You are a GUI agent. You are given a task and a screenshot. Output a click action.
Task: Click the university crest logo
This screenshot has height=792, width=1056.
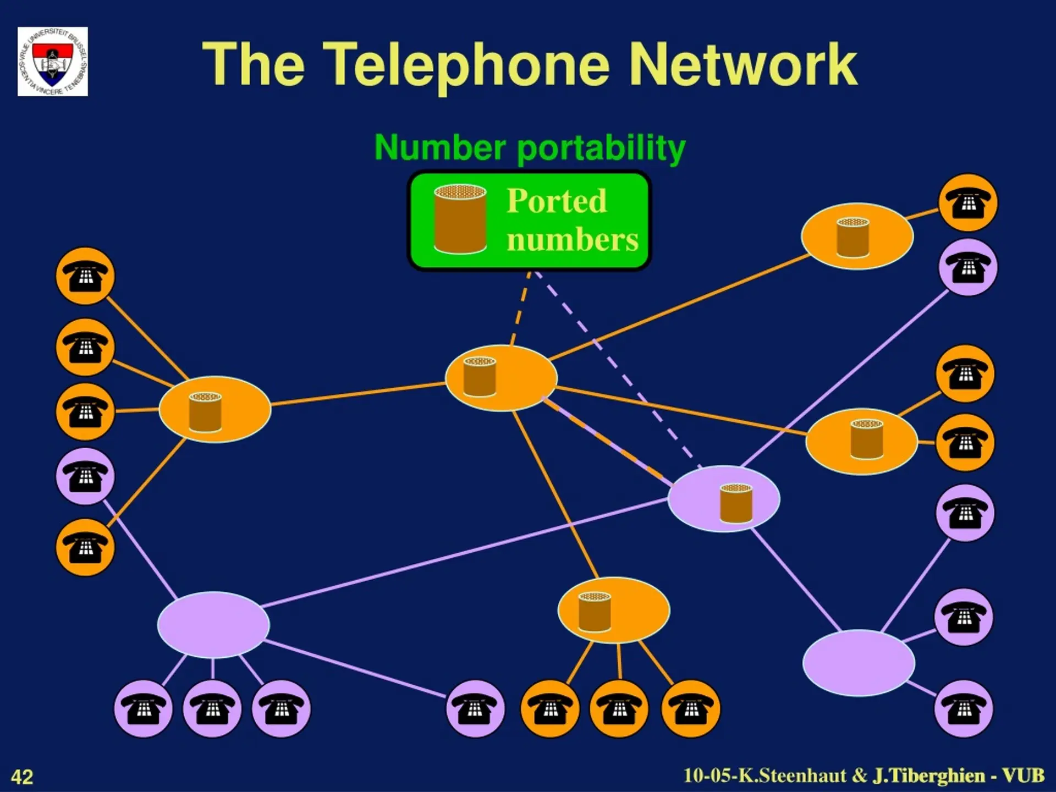coord(53,62)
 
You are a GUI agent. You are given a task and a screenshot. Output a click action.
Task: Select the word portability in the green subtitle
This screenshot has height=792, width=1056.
coord(601,148)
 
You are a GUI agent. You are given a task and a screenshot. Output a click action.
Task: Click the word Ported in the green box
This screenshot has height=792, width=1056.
coord(557,201)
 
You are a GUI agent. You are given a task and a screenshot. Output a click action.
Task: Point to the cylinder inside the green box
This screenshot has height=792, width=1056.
coord(460,219)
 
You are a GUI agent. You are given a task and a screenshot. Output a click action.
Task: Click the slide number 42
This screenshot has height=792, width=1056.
coord(22,777)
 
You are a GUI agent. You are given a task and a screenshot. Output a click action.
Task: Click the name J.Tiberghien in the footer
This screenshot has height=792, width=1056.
coord(929,776)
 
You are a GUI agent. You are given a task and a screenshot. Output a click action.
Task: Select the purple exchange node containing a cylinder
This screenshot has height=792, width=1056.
coord(723,499)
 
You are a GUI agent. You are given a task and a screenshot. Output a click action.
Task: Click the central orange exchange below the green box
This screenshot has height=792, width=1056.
coord(501,378)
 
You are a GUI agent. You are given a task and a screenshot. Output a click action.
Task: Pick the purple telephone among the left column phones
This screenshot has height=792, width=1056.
coord(85,476)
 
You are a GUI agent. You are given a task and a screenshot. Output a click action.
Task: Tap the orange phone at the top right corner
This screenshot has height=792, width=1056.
coord(968,203)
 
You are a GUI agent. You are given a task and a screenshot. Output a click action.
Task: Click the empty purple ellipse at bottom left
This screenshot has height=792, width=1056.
coord(213,625)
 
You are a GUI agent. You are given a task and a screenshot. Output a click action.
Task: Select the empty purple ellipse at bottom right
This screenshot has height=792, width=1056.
coord(859,663)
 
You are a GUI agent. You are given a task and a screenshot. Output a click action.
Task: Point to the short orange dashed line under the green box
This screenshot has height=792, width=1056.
coord(520,309)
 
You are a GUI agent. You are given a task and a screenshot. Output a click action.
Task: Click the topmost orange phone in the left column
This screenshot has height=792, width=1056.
coord(85,276)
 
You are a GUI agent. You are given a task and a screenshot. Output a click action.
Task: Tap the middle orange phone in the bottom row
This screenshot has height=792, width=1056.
coord(619,708)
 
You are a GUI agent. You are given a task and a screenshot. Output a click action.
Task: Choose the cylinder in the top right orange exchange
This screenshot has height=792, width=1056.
coord(853,237)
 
